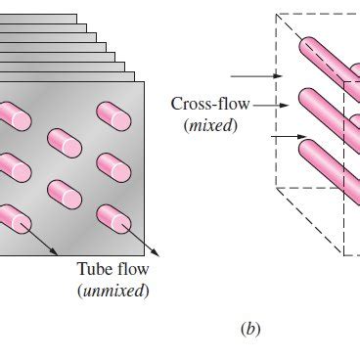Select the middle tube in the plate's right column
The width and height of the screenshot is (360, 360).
tap(113, 167)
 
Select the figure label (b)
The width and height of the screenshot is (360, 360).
tap(251, 330)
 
